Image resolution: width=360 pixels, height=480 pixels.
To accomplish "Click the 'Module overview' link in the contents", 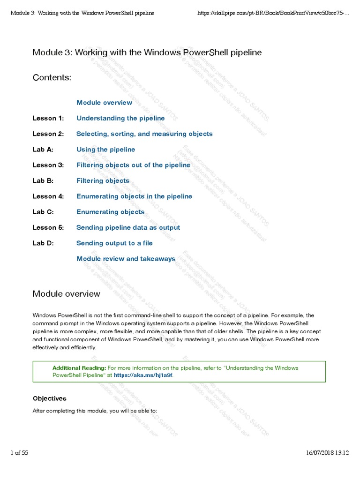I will (104, 103).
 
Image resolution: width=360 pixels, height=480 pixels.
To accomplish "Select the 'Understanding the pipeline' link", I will (120, 118).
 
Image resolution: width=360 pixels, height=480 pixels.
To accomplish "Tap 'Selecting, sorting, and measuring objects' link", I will (144, 134).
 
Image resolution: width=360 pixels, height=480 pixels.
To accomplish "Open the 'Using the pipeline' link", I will (105, 150).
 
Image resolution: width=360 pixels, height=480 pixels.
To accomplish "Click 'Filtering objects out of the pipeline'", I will (133, 165).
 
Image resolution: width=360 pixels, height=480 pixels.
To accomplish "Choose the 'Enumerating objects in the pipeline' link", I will (134, 196).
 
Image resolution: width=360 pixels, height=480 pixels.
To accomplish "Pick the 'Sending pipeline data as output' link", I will (128, 227).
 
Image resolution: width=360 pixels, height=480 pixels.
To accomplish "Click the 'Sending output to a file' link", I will (114, 243).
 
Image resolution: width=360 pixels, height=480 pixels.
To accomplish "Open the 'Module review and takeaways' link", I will (126, 259).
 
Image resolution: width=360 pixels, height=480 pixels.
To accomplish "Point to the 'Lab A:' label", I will (43, 150).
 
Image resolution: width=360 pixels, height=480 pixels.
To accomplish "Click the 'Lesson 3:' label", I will (48, 165).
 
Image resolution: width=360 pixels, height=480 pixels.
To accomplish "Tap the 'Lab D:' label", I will (43, 243).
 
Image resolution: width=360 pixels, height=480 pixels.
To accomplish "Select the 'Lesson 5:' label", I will (48, 227).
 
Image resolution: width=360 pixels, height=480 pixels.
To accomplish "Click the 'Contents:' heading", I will (52, 77).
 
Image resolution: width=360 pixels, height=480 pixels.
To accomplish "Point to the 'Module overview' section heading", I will (66, 294).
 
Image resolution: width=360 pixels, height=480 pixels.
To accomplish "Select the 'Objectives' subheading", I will (49, 398).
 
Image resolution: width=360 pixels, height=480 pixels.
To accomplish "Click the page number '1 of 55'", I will (19, 453).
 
